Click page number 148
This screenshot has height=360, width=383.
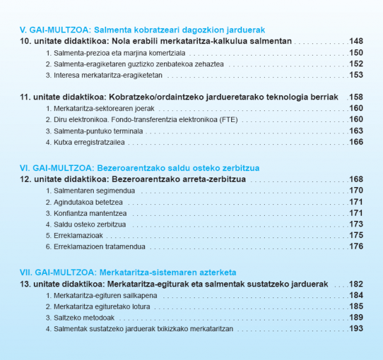[x=356, y=41]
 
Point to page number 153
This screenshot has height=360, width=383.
[x=356, y=75]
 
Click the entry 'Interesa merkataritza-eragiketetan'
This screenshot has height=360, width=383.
[x=104, y=75]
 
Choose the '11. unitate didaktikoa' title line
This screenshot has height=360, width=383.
[x=178, y=97]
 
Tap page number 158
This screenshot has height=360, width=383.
[x=356, y=97]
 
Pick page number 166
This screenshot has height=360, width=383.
[x=356, y=142]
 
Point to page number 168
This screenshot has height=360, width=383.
[x=356, y=179]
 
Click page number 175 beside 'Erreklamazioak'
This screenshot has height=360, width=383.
[x=356, y=236]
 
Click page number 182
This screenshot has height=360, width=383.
[x=356, y=284]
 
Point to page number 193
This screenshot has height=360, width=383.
[x=356, y=329]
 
